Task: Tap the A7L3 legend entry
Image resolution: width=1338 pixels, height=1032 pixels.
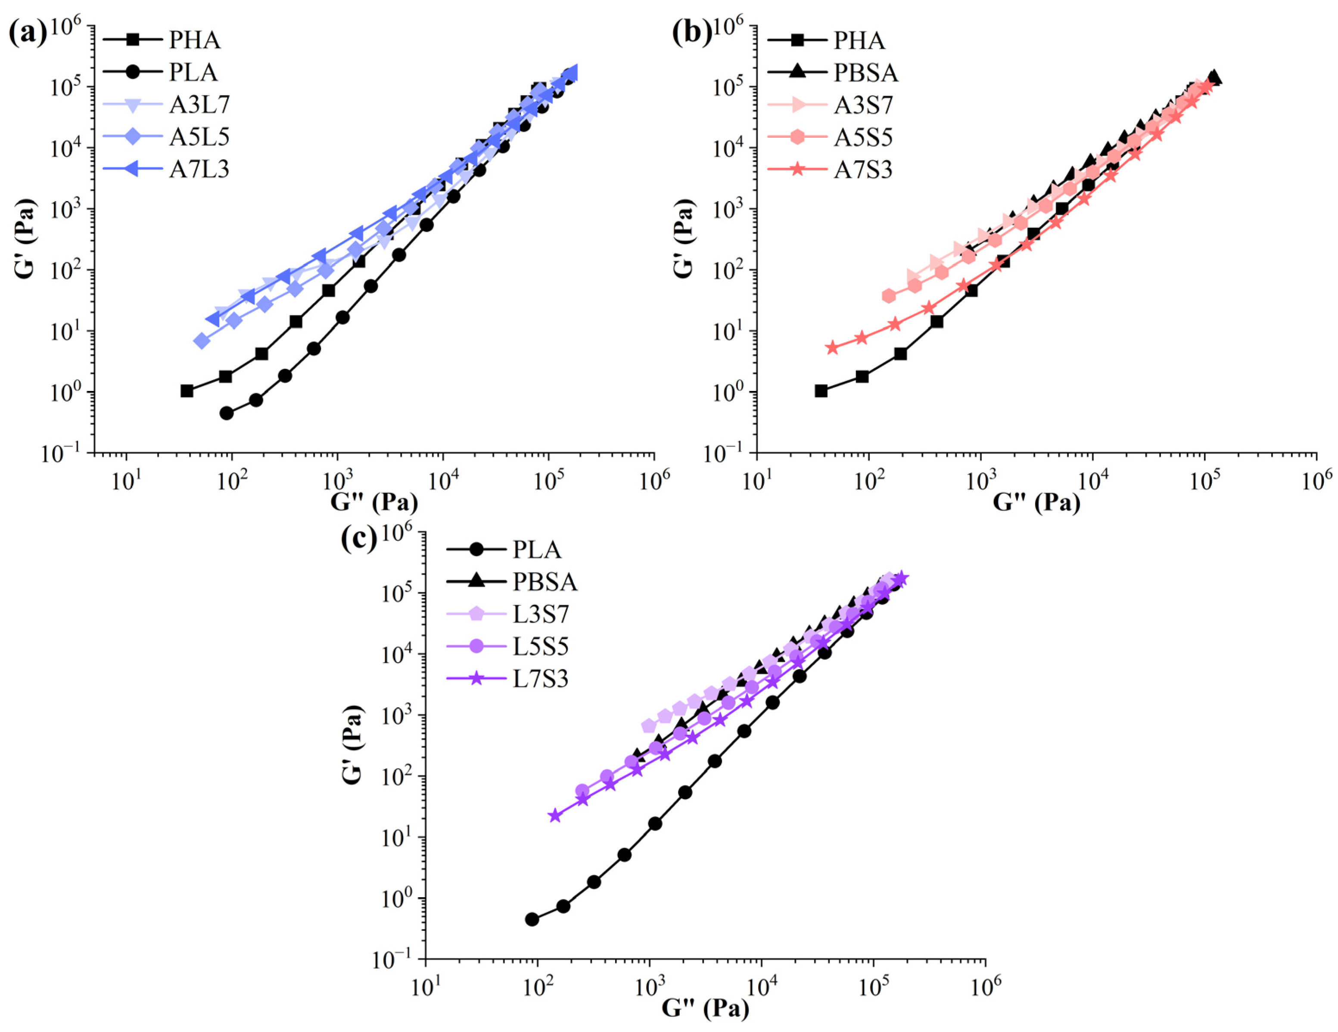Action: click(199, 170)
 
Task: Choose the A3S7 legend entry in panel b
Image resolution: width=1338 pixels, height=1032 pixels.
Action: click(862, 105)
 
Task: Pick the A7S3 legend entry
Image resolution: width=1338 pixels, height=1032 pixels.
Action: click(862, 170)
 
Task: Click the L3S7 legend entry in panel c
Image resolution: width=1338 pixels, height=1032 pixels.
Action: click(540, 614)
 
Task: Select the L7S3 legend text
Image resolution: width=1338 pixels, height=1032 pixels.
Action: click(540, 679)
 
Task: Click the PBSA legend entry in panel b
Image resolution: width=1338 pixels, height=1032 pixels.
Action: click(865, 73)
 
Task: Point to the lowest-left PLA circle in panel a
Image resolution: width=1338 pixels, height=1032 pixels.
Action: click(227, 413)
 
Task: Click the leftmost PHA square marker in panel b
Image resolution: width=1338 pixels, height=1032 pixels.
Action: click(821, 391)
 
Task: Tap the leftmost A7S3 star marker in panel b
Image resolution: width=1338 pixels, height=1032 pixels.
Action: click(832, 348)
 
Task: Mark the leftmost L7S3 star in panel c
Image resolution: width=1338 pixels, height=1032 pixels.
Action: click(555, 815)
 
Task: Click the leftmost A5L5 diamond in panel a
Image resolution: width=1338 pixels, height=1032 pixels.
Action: click(202, 341)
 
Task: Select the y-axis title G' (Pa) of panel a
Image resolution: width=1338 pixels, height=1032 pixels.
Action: click(25, 239)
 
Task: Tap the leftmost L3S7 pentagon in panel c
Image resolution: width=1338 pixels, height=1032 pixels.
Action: click(649, 726)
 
